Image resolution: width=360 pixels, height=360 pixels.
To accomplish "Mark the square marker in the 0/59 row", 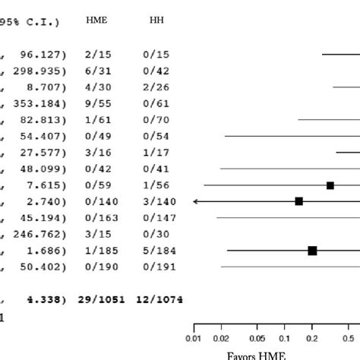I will point(330,185).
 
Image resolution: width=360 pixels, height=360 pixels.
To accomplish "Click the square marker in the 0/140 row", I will point(299,201).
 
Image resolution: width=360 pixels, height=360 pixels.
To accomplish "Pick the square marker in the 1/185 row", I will point(312,250).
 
